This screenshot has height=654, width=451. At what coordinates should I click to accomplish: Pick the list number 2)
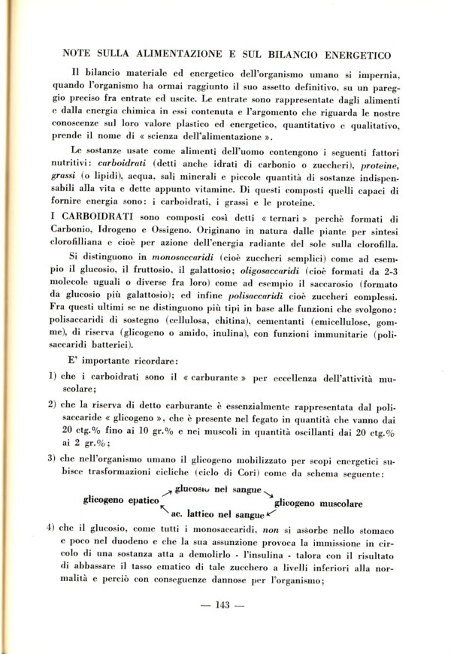[x=53, y=405]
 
